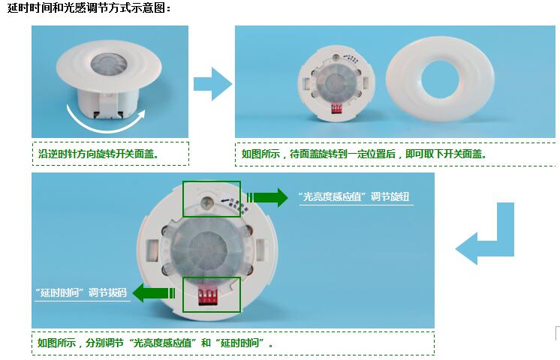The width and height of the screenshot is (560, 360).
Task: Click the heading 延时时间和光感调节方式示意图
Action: pos(89,7)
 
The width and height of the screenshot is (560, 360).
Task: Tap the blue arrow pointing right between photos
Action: pos(212,84)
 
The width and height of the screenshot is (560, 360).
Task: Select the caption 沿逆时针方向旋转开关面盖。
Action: pos(99,154)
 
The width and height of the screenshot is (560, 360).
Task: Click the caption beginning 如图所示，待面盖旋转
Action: pos(364,154)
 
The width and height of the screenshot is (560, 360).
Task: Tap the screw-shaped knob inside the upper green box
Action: pos(206,204)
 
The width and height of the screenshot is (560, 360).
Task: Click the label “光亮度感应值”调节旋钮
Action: pos(354,196)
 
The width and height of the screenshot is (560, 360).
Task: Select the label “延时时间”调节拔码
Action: pos(81,293)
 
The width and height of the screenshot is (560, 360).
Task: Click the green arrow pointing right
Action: pos(267,197)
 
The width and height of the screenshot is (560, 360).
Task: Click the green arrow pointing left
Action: pos(154,293)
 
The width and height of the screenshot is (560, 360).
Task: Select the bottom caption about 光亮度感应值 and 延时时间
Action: pos(155,343)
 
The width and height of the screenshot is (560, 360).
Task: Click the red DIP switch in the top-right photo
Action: pos(336,109)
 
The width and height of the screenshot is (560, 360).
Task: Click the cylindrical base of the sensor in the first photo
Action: pos(108,103)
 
